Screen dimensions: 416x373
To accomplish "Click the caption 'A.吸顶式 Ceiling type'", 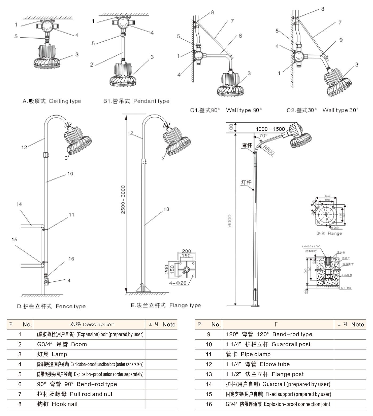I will (x=52, y=101).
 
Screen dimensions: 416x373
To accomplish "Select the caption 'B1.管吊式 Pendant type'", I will (x=136, y=101).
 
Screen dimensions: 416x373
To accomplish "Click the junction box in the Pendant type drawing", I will (x=122, y=23).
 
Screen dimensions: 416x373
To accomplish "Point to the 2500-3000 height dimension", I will (x=123, y=199).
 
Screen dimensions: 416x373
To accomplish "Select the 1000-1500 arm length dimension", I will (x=270, y=129).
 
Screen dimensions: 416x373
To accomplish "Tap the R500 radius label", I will (x=269, y=150).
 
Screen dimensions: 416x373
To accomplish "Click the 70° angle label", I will (x=263, y=136).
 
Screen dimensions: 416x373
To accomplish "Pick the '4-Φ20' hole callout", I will (x=178, y=283).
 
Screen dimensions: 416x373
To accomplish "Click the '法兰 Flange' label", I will (x=329, y=233).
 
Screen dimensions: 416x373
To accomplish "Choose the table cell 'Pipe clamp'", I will (x=248, y=354).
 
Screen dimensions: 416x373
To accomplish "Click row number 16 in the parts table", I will (x=209, y=404).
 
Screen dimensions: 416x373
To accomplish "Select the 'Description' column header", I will (x=92, y=324).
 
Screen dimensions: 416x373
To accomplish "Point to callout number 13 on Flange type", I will (x=166, y=209).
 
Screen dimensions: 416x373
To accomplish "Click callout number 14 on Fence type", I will (x=19, y=204).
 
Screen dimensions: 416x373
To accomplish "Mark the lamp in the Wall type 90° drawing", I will (x=231, y=84).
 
